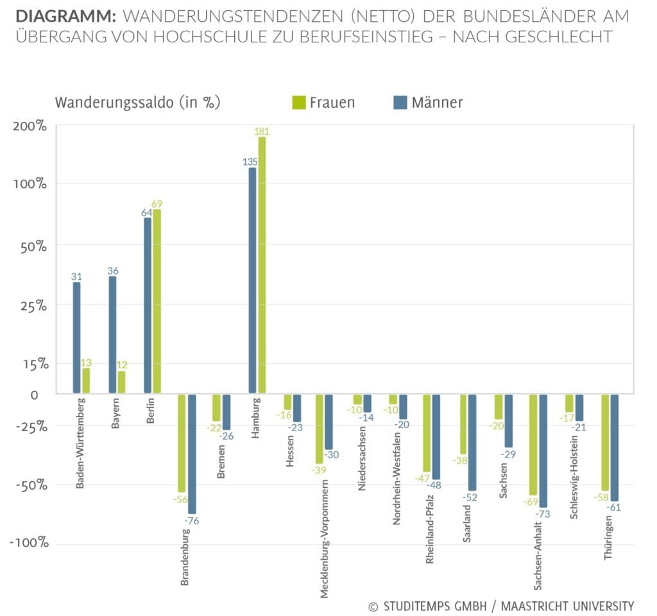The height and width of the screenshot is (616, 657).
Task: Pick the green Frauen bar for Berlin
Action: [x=157, y=302]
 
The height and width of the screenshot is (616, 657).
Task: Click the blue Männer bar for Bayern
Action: [x=113, y=335]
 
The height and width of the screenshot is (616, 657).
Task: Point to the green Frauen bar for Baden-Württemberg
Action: [x=86, y=381]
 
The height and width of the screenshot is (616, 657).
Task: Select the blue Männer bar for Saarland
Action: [x=472, y=442]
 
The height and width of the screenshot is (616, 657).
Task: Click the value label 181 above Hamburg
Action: [x=262, y=131]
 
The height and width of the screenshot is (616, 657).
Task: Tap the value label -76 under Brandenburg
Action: [x=192, y=521]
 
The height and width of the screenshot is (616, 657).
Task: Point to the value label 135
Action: [x=250, y=162]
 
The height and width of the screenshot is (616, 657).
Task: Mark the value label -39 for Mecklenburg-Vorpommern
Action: [x=319, y=470]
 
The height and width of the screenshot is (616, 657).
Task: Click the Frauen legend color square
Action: [x=299, y=102]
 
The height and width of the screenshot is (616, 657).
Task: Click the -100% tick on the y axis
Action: [x=30, y=543]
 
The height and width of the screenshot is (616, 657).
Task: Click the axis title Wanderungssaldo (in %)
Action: [x=137, y=103]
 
